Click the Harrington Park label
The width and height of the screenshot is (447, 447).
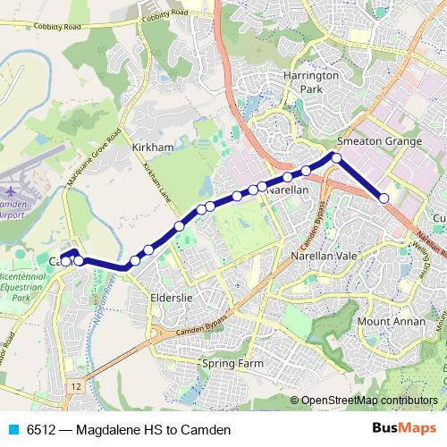310,83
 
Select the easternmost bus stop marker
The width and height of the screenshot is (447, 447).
384,198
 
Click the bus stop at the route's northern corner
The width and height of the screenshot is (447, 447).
337,157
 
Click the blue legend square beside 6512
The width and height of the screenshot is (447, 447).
12,429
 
